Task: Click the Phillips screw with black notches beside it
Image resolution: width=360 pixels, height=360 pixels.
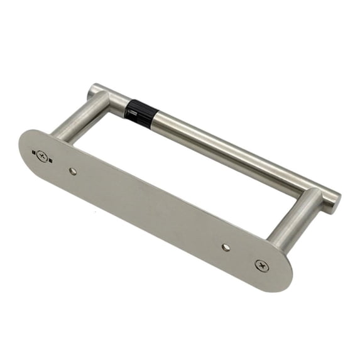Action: pos(43,155)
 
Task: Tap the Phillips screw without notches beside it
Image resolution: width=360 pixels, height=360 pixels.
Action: pos(262,265)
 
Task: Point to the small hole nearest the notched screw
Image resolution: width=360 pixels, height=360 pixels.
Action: pos(73,171)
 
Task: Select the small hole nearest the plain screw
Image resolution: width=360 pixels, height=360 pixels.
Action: pos(226,247)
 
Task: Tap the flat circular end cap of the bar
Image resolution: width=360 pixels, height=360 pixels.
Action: pos(333,200)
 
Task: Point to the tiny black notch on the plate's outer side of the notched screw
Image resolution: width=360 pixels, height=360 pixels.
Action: pos(33,151)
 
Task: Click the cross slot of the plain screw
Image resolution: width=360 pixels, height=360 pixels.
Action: pos(262,265)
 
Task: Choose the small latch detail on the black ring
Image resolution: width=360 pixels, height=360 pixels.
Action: pos(129,114)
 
